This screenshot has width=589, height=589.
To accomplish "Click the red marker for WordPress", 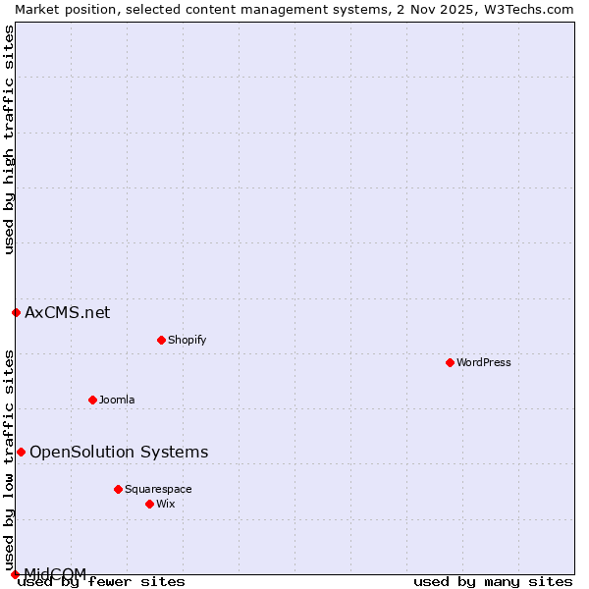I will click(450, 362).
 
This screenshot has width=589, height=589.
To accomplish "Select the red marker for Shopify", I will click(161, 340).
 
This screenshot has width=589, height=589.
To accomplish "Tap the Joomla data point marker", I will click(92, 400).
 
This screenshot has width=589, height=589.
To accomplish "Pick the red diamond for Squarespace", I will click(118, 489).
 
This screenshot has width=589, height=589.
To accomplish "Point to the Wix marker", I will click(149, 504).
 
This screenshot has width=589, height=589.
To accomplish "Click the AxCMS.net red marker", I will click(16, 312).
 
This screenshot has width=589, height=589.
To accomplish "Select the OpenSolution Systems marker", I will click(21, 452).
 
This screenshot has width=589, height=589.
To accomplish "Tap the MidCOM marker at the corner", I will click(15, 574).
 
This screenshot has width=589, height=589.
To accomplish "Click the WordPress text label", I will click(484, 362).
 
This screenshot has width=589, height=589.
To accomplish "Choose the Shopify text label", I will click(187, 340).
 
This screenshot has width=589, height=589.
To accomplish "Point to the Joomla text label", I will click(117, 400).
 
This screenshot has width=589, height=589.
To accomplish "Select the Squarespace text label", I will click(158, 489).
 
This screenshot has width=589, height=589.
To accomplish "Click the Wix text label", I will click(166, 504).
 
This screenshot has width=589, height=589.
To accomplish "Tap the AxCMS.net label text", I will click(67, 312).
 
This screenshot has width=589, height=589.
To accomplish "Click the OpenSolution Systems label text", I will click(119, 452).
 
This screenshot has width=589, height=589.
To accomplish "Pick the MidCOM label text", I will click(55, 573).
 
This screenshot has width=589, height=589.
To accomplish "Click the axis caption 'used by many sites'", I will click(493, 582).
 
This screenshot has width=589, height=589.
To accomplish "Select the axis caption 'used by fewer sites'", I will click(102, 582).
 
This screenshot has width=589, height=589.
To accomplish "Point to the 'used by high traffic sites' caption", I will click(9, 140).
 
